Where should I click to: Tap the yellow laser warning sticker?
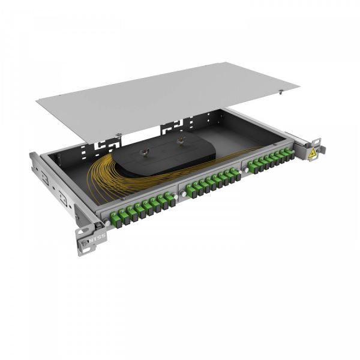[312, 154]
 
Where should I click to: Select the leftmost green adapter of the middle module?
[188, 190]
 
